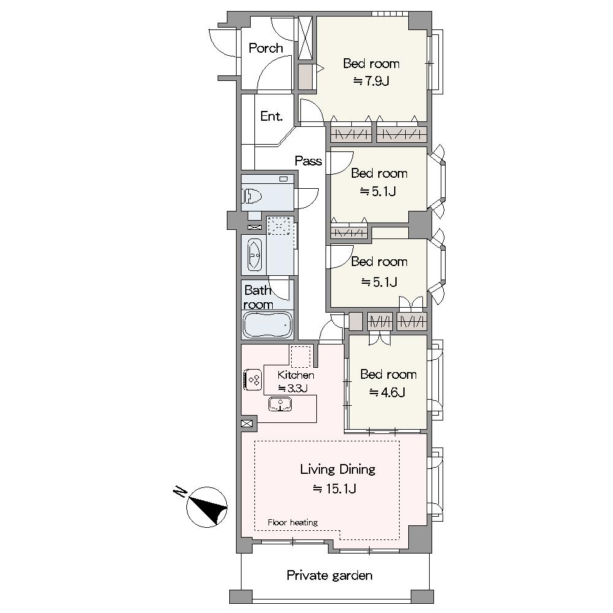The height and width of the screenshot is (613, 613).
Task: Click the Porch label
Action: click(x=265, y=48)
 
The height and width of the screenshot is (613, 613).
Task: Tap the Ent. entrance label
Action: click(x=272, y=116)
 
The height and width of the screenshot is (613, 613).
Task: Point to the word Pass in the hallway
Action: click(x=308, y=161)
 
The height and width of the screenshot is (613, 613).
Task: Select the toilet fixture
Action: click(x=252, y=196)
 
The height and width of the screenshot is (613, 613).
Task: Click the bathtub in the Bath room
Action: click(x=267, y=325)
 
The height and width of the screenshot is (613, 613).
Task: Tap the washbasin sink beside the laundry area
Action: click(x=254, y=255)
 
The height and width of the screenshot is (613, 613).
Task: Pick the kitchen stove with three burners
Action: click(x=252, y=379)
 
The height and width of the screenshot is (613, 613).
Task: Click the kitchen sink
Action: click(x=280, y=404)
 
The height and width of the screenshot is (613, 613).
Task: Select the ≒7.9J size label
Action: click(x=371, y=81)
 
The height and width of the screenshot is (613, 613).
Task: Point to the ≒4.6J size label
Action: click(x=387, y=392)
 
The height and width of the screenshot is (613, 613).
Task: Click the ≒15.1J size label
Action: click(x=334, y=489)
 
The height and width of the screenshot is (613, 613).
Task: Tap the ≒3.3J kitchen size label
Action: click(x=292, y=388)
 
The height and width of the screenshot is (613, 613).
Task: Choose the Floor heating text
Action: click(x=292, y=522)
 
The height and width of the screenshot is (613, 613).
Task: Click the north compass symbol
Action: click(x=207, y=507)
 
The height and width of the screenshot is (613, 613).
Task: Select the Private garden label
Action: click(x=329, y=576)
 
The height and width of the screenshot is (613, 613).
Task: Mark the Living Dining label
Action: click(x=338, y=469)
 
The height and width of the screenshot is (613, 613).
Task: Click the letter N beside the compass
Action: click(x=180, y=492)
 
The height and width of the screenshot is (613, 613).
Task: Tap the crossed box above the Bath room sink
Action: click(x=254, y=227)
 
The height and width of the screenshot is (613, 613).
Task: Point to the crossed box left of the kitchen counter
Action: click(x=248, y=424)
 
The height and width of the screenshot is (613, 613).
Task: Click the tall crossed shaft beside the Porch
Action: click(x=305, y=37)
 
